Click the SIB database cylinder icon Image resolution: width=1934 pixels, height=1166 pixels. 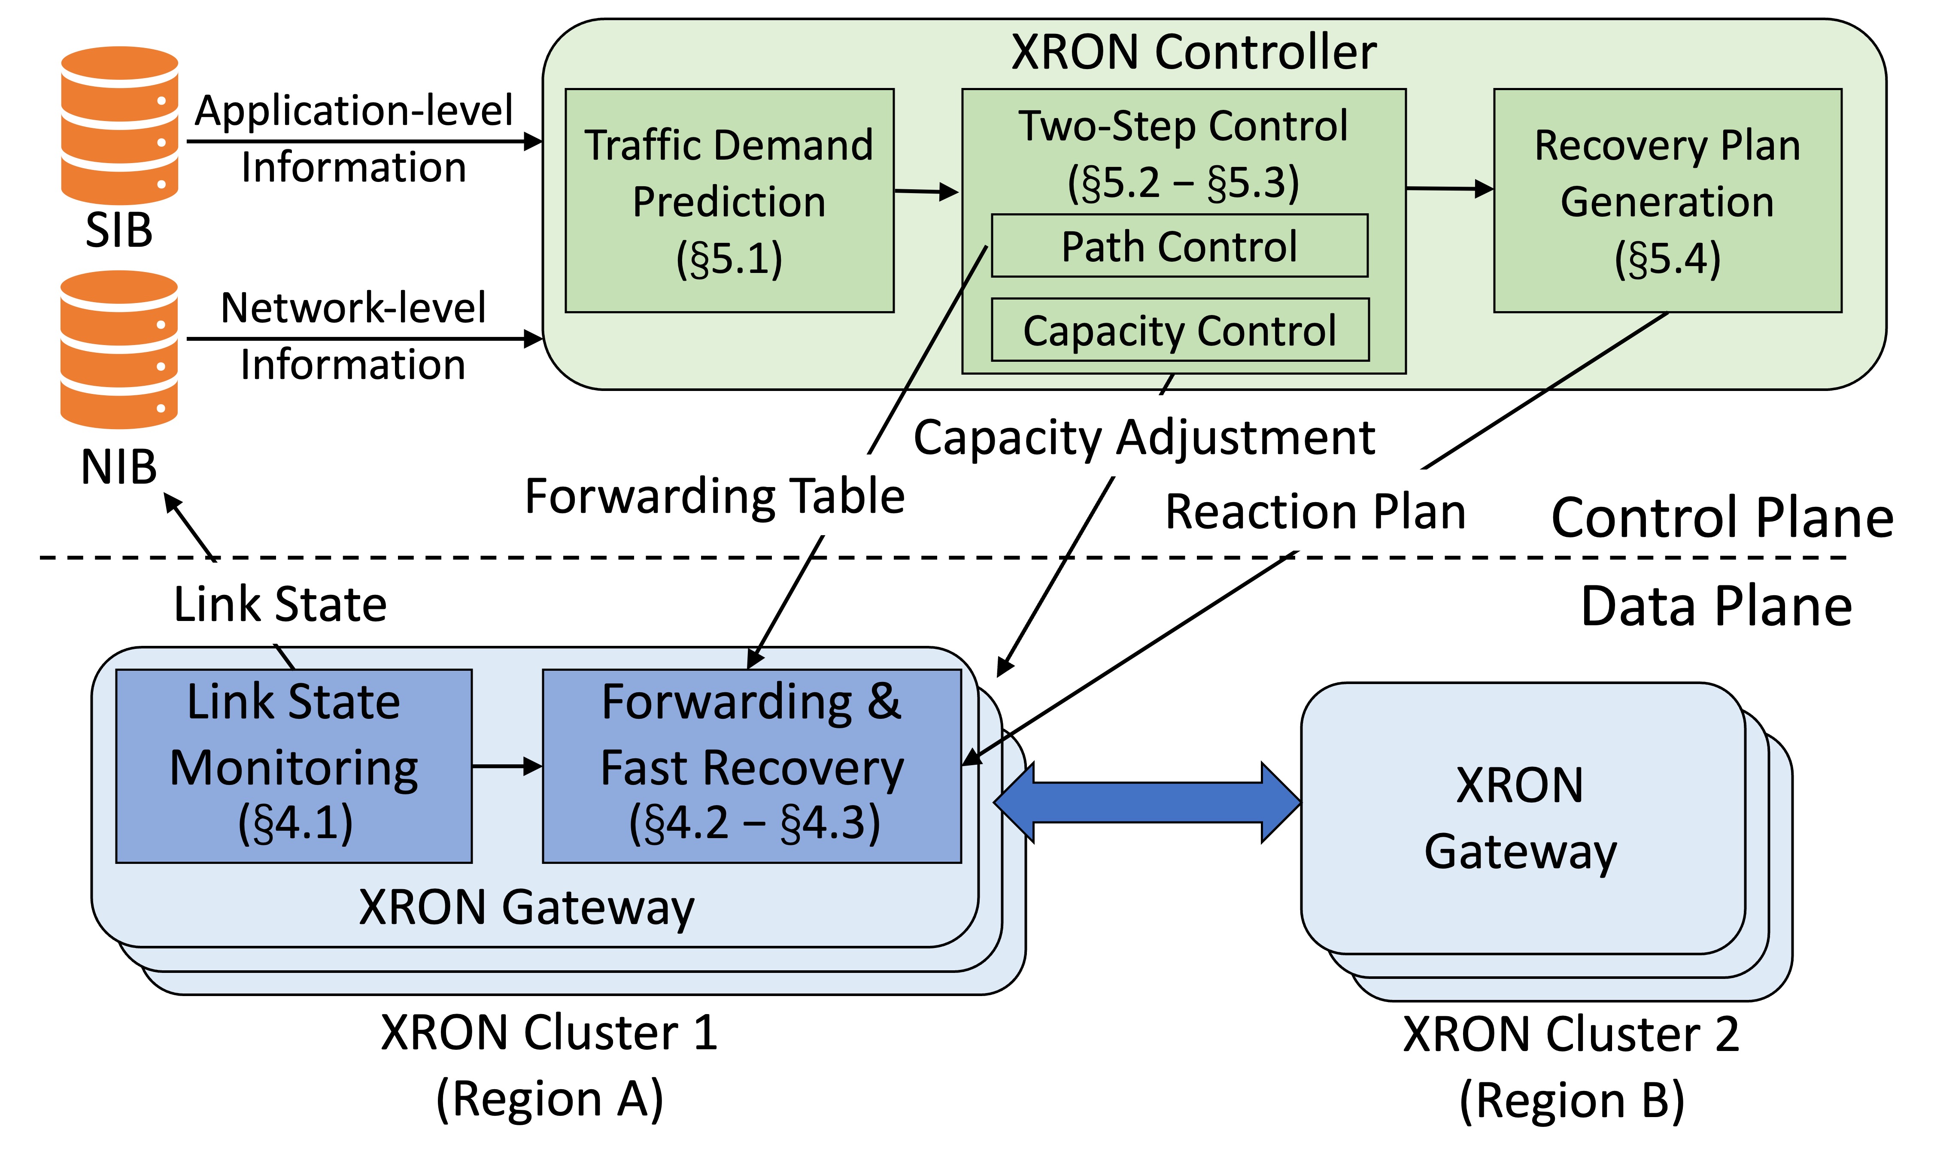[119, 126]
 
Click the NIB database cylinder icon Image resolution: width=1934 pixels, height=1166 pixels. [119, 349]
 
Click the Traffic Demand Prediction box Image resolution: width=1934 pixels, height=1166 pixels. [729, 201]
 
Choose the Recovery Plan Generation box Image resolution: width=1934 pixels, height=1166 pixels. [1667, 201]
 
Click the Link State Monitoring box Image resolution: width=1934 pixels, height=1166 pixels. [294, 766]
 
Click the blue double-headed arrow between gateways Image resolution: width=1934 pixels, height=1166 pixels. [1147, 802]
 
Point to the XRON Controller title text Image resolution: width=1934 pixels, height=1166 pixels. [1193, 53]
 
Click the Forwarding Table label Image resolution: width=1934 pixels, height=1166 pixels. [714, 496]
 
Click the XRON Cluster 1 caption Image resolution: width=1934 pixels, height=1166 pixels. [549, 1033]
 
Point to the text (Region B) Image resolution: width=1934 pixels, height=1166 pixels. [1571, 1100]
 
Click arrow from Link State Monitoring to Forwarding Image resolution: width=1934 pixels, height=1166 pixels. [507, 766]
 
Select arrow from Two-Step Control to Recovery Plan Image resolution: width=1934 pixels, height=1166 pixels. [1449, 188]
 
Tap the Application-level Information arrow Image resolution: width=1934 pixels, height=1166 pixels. [364, 142]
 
